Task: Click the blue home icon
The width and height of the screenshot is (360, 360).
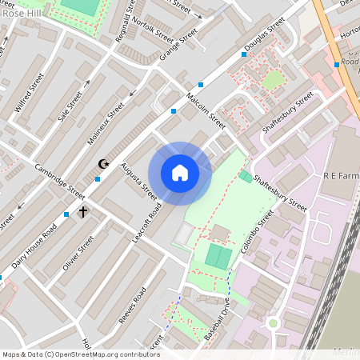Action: coord(180,172)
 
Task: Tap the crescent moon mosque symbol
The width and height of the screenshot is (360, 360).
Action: coord(102,164)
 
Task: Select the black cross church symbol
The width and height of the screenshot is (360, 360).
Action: coord(82,212)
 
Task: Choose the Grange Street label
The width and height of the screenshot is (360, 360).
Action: coord(178,46)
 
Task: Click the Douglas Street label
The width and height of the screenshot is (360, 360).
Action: coord(266,36)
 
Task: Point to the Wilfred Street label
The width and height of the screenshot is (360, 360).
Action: coord(30,93)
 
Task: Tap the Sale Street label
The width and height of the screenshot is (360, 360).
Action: coord(70,106)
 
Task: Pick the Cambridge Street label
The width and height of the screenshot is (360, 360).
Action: coord(60,182)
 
